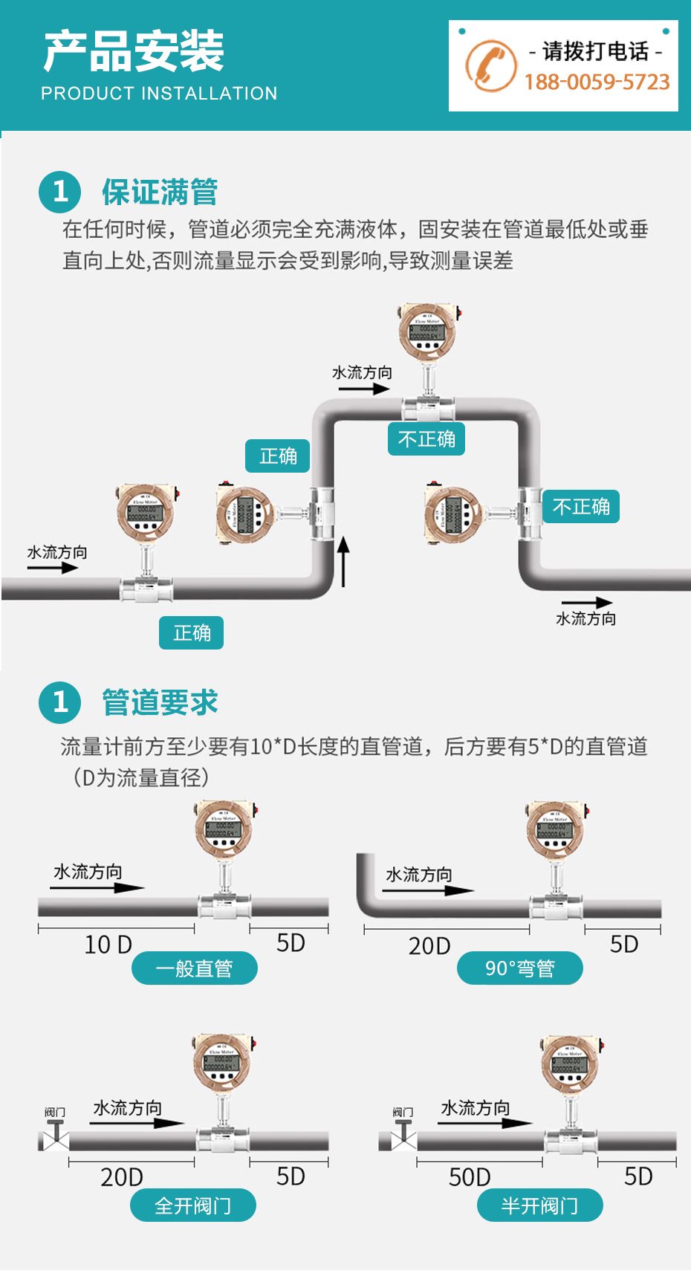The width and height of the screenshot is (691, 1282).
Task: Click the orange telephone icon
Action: [x=490, y=65]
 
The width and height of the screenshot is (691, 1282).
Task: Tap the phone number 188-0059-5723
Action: [x=597, y=82]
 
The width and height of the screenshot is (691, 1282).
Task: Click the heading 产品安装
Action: [x=134, y=51]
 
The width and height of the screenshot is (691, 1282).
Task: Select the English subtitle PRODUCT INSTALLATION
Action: [x=159, y=94]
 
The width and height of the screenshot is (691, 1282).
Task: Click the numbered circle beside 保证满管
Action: [x=59, y=192]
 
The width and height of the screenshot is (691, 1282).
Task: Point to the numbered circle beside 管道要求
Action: [x=59, y=702]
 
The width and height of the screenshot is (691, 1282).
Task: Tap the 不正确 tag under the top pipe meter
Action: [x=426, y=439]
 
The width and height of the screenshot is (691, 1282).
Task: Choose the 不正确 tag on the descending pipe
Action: [x=581, y=507]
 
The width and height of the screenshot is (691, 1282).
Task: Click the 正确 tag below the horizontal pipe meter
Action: [x=192, y=633]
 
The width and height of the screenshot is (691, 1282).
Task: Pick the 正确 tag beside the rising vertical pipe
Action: [x=278, y=456]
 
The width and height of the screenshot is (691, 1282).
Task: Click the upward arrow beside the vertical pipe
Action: [x=343, y=561]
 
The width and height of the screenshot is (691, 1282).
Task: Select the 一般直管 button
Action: [x=194, y=968]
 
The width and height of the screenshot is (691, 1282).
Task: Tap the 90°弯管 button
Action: [x=519, y=968]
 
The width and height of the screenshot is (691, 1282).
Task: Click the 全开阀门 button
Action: [x=192, y=1205]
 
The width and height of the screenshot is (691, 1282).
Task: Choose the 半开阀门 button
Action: [x=539, y=1205]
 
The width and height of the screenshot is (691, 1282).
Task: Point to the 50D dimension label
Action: [x=470, y=1177]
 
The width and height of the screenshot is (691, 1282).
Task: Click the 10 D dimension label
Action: [x=108, y=945]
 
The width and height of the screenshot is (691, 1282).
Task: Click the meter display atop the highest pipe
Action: [x=426, y=330]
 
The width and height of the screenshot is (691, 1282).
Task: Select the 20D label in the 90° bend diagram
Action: [x=429, y=946]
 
